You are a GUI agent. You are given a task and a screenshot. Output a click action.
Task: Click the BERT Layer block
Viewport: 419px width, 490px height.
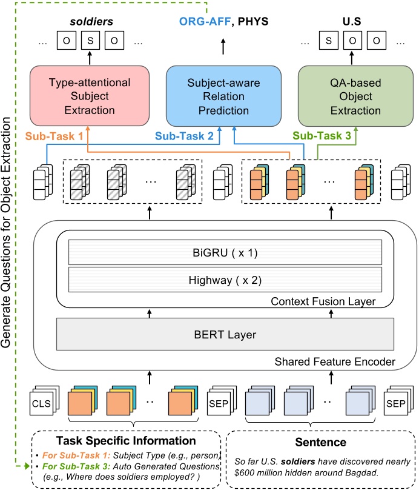point(221,334)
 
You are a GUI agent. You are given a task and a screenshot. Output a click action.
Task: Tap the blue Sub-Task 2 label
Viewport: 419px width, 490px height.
point(185,137)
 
